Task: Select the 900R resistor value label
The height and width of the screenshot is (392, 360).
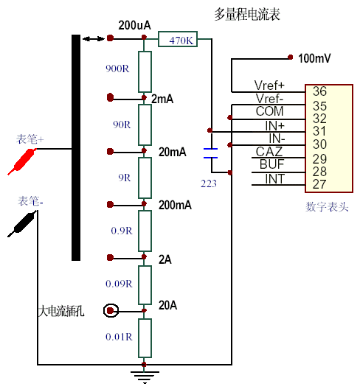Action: tap(117, 69)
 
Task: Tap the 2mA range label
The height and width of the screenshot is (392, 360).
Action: tap(162, 99)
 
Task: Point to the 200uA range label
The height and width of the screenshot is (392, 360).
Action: tap(134, 25)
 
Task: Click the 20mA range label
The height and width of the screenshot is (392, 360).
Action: tap(173, 152)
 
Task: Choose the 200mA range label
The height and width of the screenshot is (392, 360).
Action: tap(175, 205)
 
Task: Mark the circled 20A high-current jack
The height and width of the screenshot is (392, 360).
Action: tap(111, 311)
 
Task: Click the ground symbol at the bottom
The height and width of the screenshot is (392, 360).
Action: tap(143, 377)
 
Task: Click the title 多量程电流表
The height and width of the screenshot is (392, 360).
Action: tap(247, 14)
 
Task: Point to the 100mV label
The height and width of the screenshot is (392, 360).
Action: tap(314, 57)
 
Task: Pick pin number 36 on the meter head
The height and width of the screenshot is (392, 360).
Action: tap(319, 92)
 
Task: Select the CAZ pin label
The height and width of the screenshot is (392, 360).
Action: tap(269, 151)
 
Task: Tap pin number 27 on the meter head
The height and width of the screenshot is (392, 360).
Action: tap(319, 184)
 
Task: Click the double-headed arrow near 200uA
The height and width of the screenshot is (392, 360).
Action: tap(94, 38)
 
